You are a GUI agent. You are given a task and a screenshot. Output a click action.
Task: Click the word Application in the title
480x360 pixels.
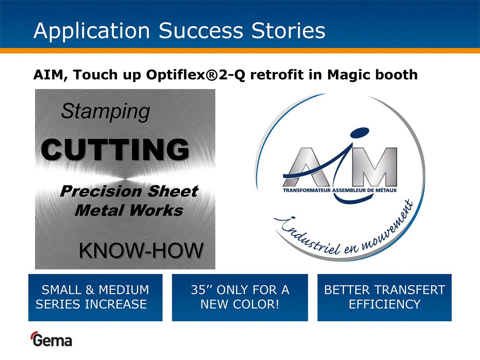(x=92, y=31)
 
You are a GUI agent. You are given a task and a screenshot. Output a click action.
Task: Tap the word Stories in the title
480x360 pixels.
(x=288, y=31)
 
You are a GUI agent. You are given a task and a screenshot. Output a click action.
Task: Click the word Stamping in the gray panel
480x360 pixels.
(x=106, y=112)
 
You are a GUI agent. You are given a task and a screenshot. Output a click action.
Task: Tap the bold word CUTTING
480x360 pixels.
(x=115, y=150)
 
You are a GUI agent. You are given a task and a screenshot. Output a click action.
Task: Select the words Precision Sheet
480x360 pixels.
(x=129, y=191)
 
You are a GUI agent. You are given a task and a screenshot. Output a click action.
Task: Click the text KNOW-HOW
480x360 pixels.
(x=141, y=251)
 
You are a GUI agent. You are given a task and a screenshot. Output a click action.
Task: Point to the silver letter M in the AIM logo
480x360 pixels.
(x=374, y=167)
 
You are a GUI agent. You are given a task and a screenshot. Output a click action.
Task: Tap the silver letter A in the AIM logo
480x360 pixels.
(x=306, y=167)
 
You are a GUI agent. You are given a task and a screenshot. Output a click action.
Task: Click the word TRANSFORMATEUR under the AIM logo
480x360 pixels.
(x=307, y=190)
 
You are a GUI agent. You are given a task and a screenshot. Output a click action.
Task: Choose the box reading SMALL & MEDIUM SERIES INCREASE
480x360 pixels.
(x=95, y=298)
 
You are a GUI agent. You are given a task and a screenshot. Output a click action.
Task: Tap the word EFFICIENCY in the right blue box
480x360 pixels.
(x=385, y=304)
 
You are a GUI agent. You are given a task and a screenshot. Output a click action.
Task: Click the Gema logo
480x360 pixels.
(x=51, y=339)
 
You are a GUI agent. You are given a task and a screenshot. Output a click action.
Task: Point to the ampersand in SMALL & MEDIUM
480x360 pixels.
(x=90, y=290)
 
